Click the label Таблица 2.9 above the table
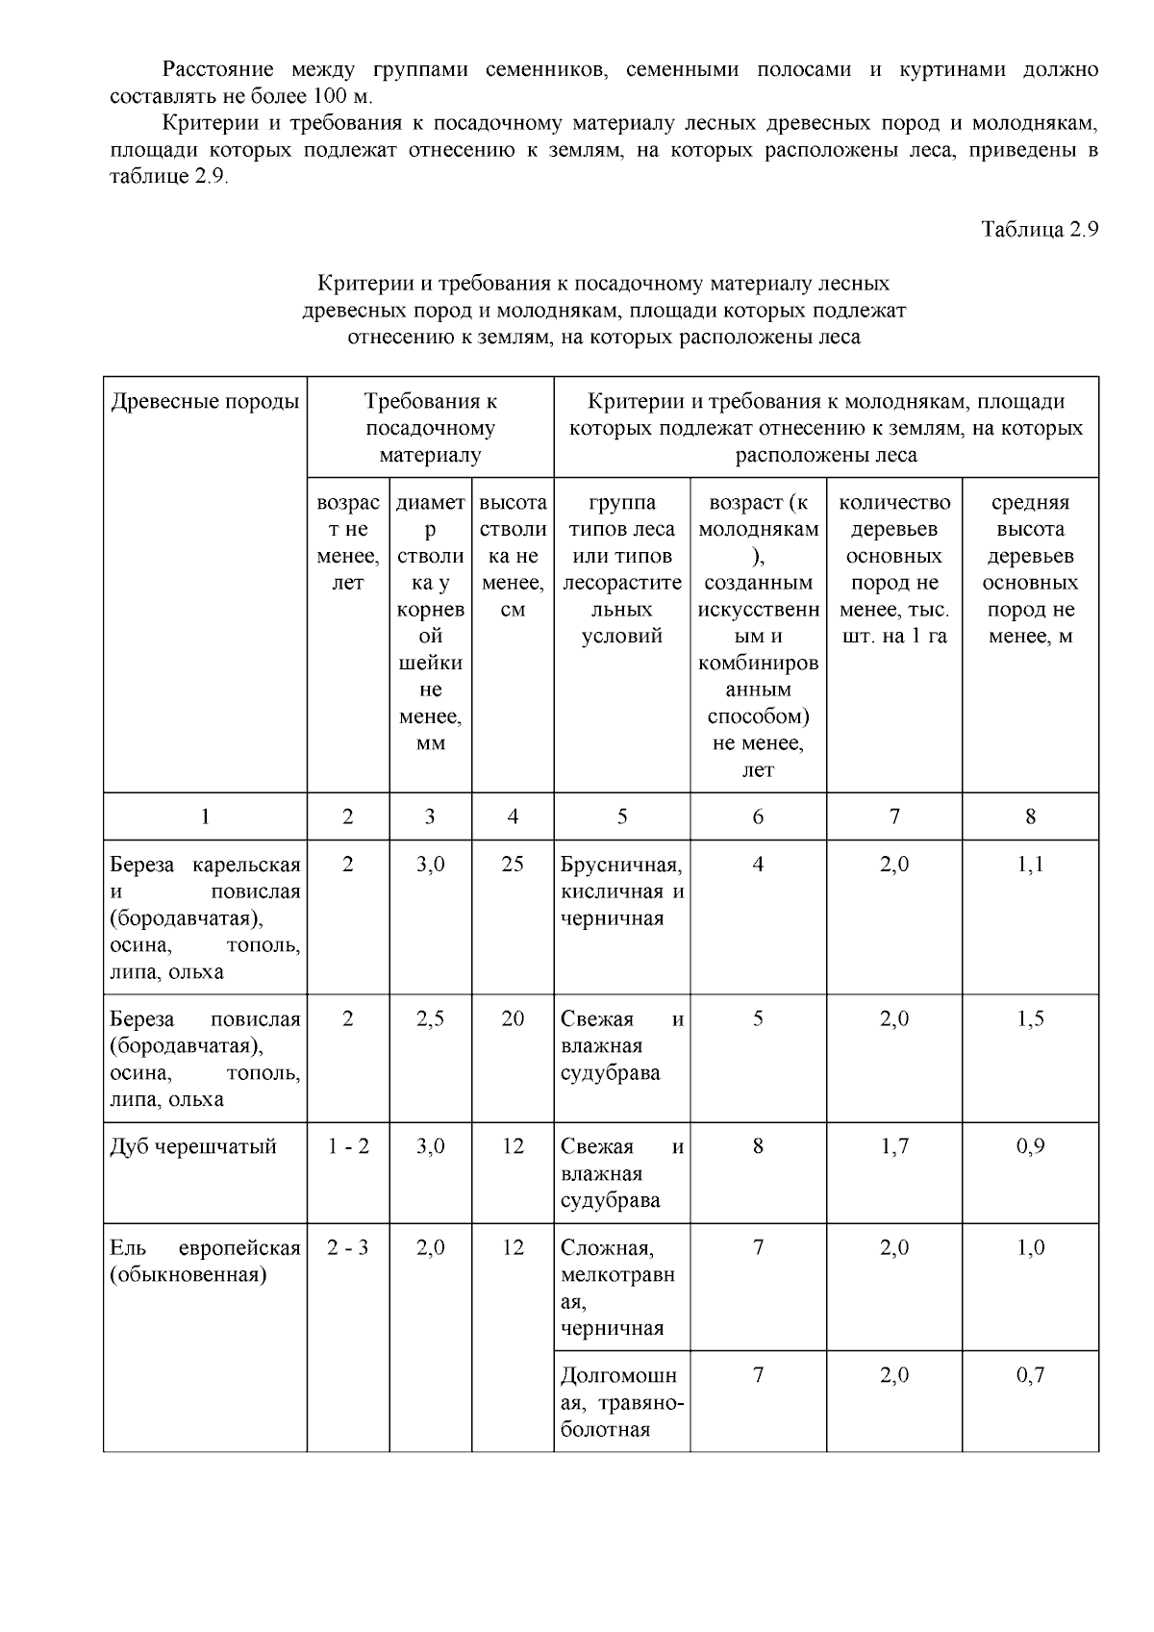pyautogui.click(x=1039, y=230)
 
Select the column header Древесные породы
pyautogui.click(x=205, y=402)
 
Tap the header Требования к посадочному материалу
pyautogui.click(x=430, y=428)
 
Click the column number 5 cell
pyautogui.click(x=622, y=816)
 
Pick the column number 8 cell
pyautogui.click(x=1030, y=816)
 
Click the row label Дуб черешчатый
pyautogui.click(x=193, y=1146)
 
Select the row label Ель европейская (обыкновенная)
pyautogui.click(x=205, y=1262)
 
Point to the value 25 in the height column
pyautogui.click(x=513, y=865)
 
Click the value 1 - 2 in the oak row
pyautogui.click(x=347, y=1146)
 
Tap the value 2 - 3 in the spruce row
pyautogui.click(x=347, y=1248)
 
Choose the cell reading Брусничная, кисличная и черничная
pyautogui.click(x=622, y=891)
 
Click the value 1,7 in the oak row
pyautogui.click(x=894, y=1146)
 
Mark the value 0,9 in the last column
pyautogui.click(x=1030, y=1146)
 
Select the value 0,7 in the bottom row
pyautogui.click(x=1030, y=1376)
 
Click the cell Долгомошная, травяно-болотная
pyautogui.click(x=622, y=1402)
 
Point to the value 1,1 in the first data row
pyautogui.click(x=1030, y=865)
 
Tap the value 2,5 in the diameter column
pyautogui.click(x=430, y=1019)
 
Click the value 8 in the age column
pyautogui.click(x=758, y=1146)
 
